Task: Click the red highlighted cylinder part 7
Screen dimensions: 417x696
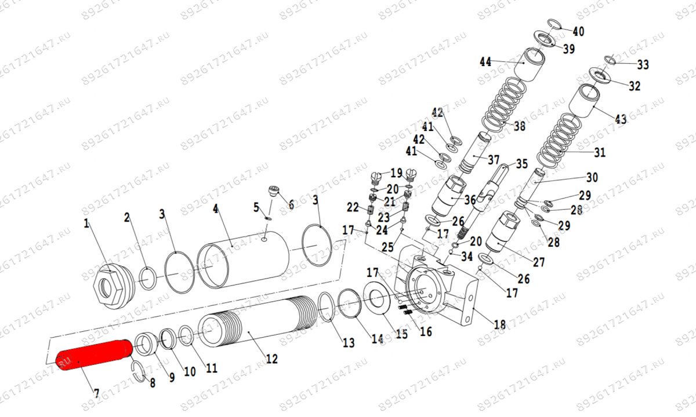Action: [x=93, y=354]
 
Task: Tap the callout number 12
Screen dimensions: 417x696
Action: [x=271, y=359]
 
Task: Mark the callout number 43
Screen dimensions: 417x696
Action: [x=621, y=119]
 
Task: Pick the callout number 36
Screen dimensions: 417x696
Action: [x=469, y=200]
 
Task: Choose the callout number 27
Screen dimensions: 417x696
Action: [x=539, y=262]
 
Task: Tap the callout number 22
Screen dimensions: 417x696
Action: [x=353, y=207]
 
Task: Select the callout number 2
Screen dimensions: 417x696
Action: [x=127, y=218]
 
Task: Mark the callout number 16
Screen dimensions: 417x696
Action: [x=426, y=331]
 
